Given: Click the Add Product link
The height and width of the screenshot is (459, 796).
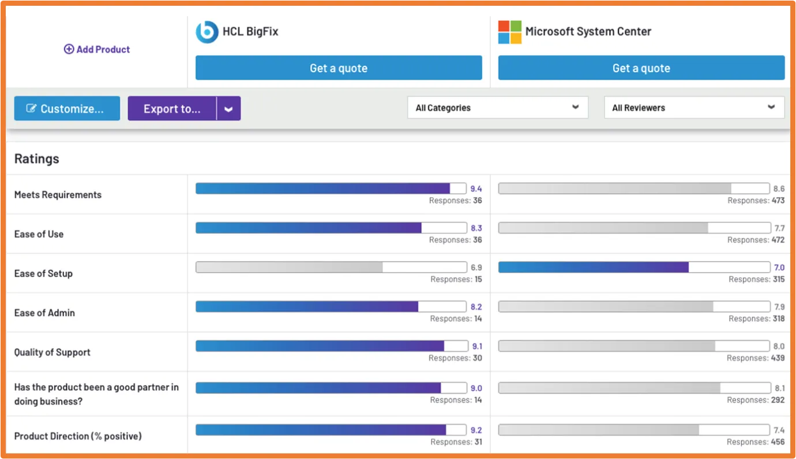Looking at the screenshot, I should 97,50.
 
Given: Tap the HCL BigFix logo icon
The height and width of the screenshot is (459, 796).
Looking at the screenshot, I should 206,32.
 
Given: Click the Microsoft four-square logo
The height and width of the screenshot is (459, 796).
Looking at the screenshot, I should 509,32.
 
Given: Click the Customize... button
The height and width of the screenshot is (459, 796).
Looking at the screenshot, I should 67,109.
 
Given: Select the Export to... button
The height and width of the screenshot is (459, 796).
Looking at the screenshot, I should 172,109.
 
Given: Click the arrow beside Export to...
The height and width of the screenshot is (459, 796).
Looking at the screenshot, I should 228,109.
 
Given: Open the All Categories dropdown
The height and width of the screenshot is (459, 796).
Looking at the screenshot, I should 497,108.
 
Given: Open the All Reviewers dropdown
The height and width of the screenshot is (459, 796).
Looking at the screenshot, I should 694,108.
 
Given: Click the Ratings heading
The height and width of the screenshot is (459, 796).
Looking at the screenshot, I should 37,159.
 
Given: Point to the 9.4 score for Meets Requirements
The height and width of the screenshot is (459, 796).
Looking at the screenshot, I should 476,189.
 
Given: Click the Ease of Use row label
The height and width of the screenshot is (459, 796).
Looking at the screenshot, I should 39,234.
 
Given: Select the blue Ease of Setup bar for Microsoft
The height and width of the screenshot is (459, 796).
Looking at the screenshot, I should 593,267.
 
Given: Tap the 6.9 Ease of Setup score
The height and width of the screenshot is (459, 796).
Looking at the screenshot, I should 476,268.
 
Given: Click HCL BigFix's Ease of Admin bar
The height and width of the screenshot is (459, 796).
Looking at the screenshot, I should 307,307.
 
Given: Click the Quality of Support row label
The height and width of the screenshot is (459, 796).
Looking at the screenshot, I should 52,352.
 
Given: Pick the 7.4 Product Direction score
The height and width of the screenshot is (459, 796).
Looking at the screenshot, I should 779,431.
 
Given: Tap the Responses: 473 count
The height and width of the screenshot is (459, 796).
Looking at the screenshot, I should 756,201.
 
